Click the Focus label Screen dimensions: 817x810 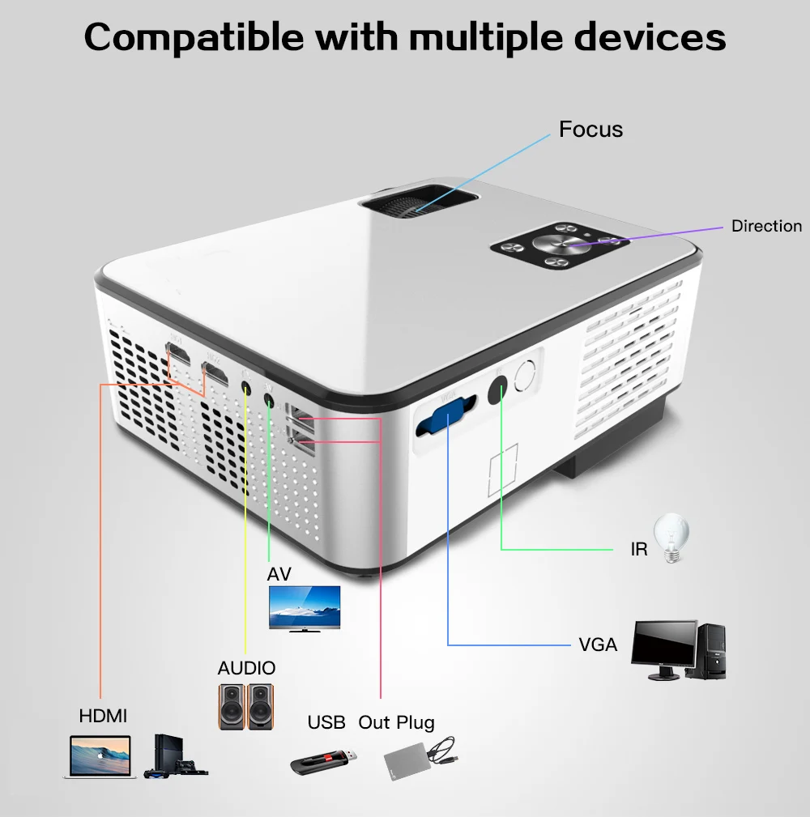coord(590,130)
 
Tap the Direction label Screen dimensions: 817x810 coord(766,226)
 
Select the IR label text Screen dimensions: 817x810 coord(639,550)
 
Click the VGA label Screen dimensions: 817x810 coord(598,645)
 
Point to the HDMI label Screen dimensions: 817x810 coord(103,716)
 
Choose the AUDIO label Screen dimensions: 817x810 coord(246,668)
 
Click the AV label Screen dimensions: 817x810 coord(279,574)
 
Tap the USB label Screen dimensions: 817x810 coord(326,722)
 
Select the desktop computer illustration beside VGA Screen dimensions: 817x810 coord(679,650)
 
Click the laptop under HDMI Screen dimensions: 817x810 coord(100,757)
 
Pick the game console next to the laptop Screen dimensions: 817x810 coord(175,757)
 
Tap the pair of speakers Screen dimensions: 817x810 coord(246,705)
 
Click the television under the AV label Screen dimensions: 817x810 coord(305,607)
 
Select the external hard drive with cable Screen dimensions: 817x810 coord(420,760)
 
